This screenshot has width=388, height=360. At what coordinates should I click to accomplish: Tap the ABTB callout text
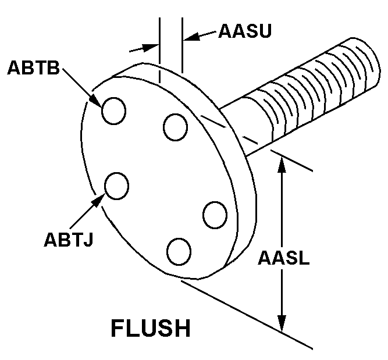click(33, 67)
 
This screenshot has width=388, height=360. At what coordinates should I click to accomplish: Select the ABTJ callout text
click(68, 239)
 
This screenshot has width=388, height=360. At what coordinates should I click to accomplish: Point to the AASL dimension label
click(284, 258)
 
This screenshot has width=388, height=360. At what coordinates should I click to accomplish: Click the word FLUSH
click(151, 329)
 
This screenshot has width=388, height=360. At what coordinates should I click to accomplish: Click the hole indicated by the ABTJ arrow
click(116, 186)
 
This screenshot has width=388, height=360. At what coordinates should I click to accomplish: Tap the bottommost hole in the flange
click(179, 251)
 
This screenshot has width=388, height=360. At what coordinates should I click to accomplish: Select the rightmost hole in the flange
click(215, 215)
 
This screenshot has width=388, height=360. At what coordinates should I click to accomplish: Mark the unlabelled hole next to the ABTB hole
click(175, 127)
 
